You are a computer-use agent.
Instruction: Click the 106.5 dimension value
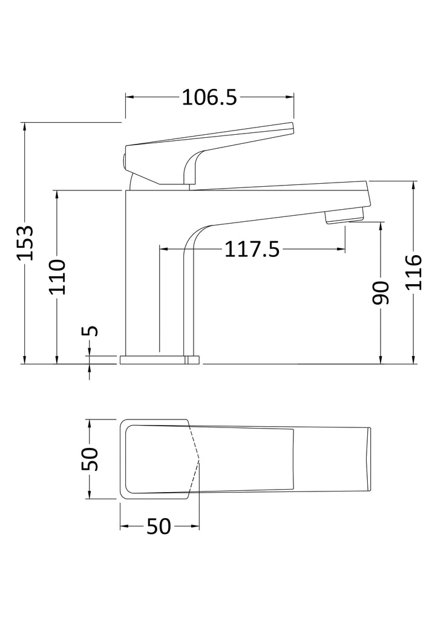click(x=209, y=97)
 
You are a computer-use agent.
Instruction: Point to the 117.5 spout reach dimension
click(x=252, y=249)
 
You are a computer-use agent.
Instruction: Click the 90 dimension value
click(x=381, y=293)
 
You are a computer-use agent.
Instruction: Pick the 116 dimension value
click(x=414, y=273)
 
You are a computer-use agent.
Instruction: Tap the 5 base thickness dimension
click(x=90, y=331)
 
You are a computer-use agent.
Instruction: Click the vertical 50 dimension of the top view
click(x=90, y=459)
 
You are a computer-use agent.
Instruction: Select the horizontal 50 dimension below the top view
click(x=159, y=527)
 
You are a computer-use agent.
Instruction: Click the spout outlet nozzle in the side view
click(x=344, y=217)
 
